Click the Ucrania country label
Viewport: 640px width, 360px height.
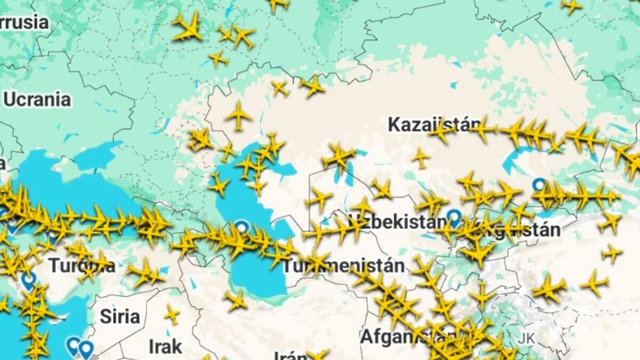[37, 100]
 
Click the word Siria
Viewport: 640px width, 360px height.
[120, 316]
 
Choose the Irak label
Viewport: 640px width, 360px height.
[165, 347]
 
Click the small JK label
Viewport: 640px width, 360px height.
[526, 339]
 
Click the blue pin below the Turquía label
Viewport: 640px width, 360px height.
[29, 279]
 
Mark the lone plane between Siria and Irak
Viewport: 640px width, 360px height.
[172, 314]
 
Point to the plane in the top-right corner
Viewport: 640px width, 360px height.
[571, 6]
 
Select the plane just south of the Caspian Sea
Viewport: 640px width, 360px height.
[235, 301]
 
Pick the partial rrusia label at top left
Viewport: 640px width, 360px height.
[24, 23]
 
